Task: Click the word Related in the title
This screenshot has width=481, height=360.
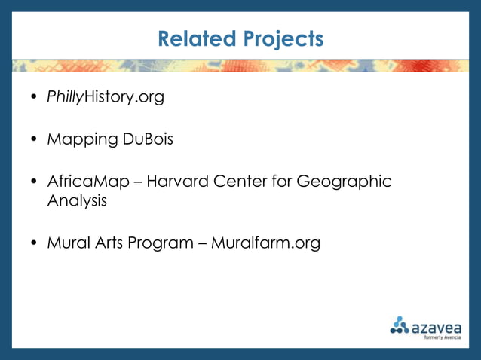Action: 197,38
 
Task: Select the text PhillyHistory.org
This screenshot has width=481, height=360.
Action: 106,97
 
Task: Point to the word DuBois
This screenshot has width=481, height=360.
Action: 148,139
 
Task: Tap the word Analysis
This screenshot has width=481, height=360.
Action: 77,201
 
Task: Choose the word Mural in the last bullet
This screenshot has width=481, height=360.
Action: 67,243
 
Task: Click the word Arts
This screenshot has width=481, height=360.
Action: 109,243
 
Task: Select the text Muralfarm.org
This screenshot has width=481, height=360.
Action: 265,243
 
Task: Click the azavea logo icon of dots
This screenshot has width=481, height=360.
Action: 399,325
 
